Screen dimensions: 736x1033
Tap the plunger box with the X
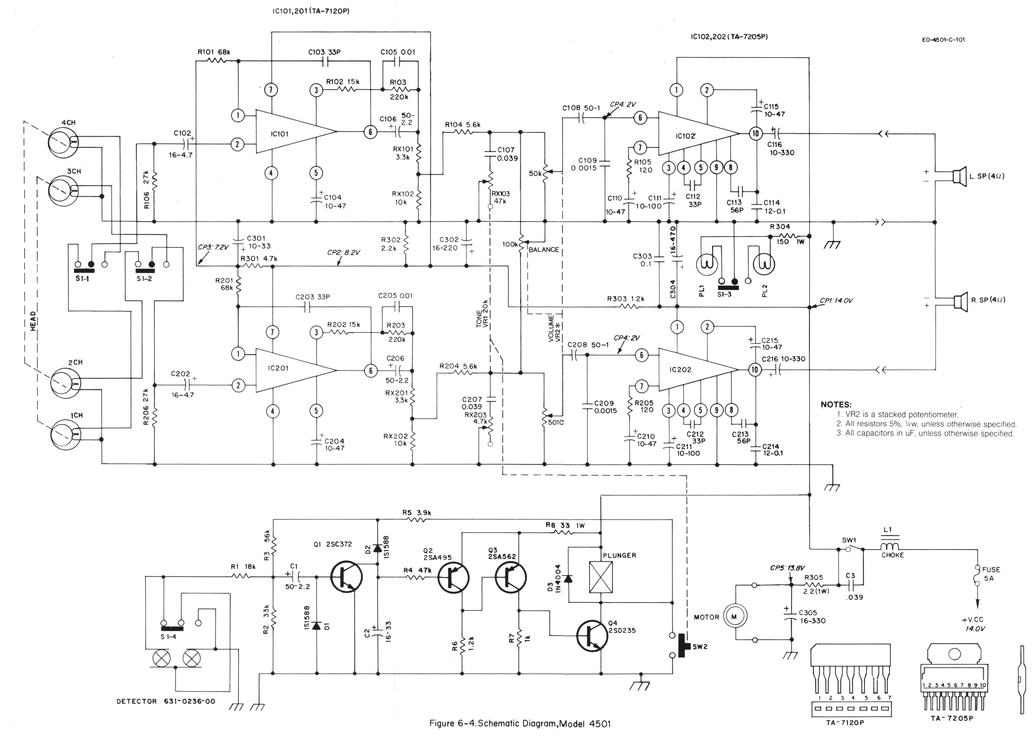[601, 577]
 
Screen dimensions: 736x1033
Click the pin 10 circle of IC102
[755, 133]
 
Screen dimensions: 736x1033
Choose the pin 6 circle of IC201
[370, 371]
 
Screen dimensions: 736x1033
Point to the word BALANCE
[544, 250]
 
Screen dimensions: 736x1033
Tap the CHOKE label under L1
[892, 555]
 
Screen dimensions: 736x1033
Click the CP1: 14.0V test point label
[836, 300]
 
